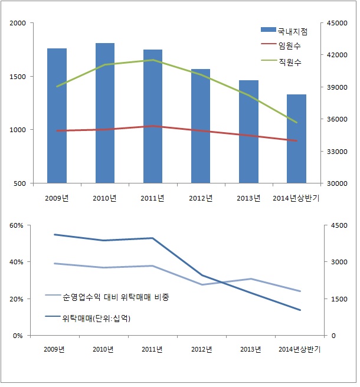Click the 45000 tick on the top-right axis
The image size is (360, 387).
334,23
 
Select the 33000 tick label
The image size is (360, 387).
334,151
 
